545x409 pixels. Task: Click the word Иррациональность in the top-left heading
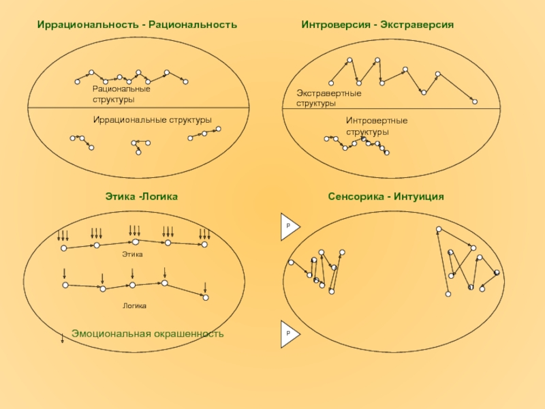(x=87, y=25)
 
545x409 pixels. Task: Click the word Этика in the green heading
(x=119, y=196)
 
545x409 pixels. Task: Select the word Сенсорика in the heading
(x=355, y=196)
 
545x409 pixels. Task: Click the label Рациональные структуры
(x=121, y=95)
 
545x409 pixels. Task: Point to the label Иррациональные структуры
(x=152, y=120)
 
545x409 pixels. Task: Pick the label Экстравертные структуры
(x=328, y=97)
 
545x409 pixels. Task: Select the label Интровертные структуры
(x=376, y=126)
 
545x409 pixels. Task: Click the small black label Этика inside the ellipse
(x=132, y=254)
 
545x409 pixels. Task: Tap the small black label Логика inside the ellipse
(x=134, y=306)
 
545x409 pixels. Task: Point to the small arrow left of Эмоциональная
(x=62, y=335)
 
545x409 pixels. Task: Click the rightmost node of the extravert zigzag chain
(x=475, y=102)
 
